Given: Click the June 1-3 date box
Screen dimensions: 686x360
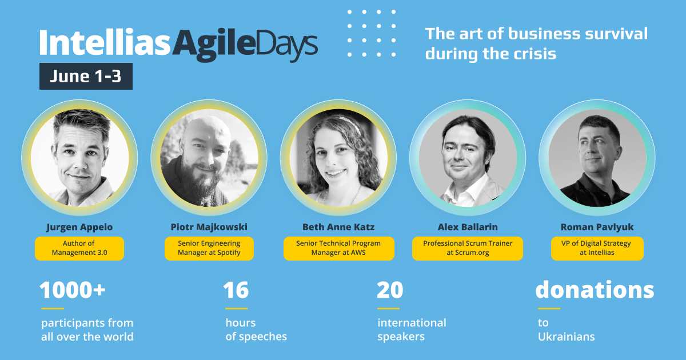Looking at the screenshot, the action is click(86, 76).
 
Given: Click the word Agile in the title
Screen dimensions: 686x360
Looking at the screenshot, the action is click(213, 45).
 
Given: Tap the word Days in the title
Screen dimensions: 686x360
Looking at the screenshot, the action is click(286, 45).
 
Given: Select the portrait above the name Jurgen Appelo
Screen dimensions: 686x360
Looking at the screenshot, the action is click(79, 158).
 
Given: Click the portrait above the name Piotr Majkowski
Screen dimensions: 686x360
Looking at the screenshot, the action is click(209, 158).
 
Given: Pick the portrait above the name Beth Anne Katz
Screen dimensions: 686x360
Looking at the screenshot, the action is click(338, 158).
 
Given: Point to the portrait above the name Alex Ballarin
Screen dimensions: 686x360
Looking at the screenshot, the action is click(468, 158).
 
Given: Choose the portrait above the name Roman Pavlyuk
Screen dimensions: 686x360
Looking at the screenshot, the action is click(597, 158).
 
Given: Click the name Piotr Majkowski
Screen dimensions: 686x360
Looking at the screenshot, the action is click(209, 227).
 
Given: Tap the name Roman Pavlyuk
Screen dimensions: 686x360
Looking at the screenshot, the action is click(597, 227).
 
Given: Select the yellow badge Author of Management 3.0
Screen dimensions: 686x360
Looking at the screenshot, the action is click(79, 248).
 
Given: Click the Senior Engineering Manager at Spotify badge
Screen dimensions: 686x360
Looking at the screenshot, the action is click(209, 248).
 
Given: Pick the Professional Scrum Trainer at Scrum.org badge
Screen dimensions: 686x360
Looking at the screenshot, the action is click(468, 248).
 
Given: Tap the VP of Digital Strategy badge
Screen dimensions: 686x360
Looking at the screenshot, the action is click(597, 248).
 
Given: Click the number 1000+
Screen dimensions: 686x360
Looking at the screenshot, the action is click(73, 290).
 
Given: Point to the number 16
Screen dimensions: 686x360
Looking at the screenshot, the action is click(236, 290).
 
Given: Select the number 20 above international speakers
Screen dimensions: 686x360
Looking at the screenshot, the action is click(390, 290).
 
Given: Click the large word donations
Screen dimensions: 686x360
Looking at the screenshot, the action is click(595, 289).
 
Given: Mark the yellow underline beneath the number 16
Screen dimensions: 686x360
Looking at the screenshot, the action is click(237, 309).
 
